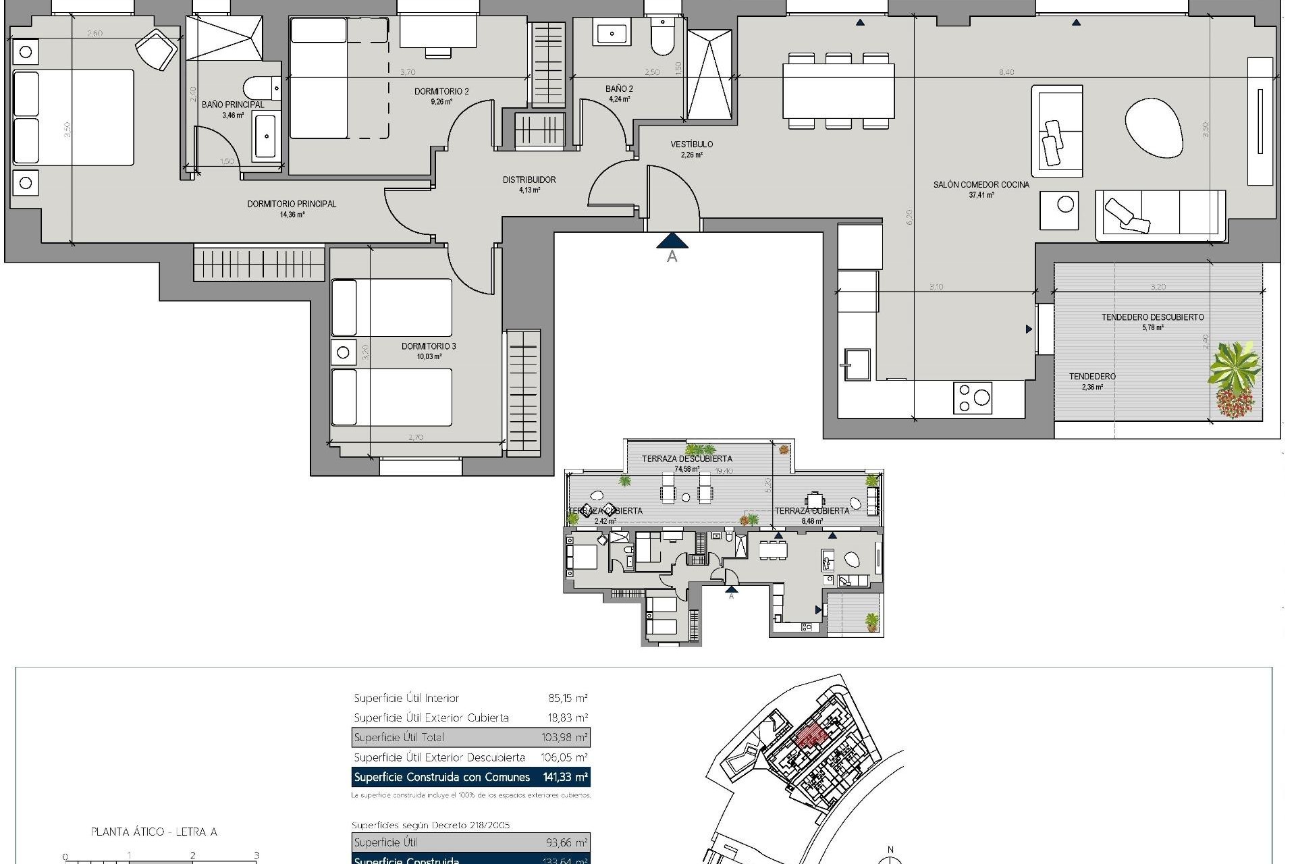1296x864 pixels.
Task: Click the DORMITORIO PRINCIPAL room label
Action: tap(292, 204)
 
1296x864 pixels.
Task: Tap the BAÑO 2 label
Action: tap(619, 89)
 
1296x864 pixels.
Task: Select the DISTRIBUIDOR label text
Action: tap(529, 180)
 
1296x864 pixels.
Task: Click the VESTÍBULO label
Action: tap(692, 144)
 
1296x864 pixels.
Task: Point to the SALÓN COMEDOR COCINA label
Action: tap(981, 185)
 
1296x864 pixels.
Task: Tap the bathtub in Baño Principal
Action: tap(265, 137)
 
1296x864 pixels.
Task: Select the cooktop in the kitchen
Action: tap(973, 398)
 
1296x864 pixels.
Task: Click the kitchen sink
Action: tap(855, 364)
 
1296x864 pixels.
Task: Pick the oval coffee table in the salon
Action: tap(1154, 128)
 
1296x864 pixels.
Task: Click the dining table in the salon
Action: tap(838, 90)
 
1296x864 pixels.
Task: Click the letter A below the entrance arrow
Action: tap(672, 256)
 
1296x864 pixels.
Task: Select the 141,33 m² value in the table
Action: tap(565, 778)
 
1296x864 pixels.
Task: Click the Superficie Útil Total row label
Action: tap(399, 738)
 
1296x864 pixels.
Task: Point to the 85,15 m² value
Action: tap(568, 699)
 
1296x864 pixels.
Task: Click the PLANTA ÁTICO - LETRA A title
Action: tap(154, 832)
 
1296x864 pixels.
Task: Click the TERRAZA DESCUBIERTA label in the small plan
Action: tap(686, 459)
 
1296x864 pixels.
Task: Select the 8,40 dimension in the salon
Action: tap(1006, 72)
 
